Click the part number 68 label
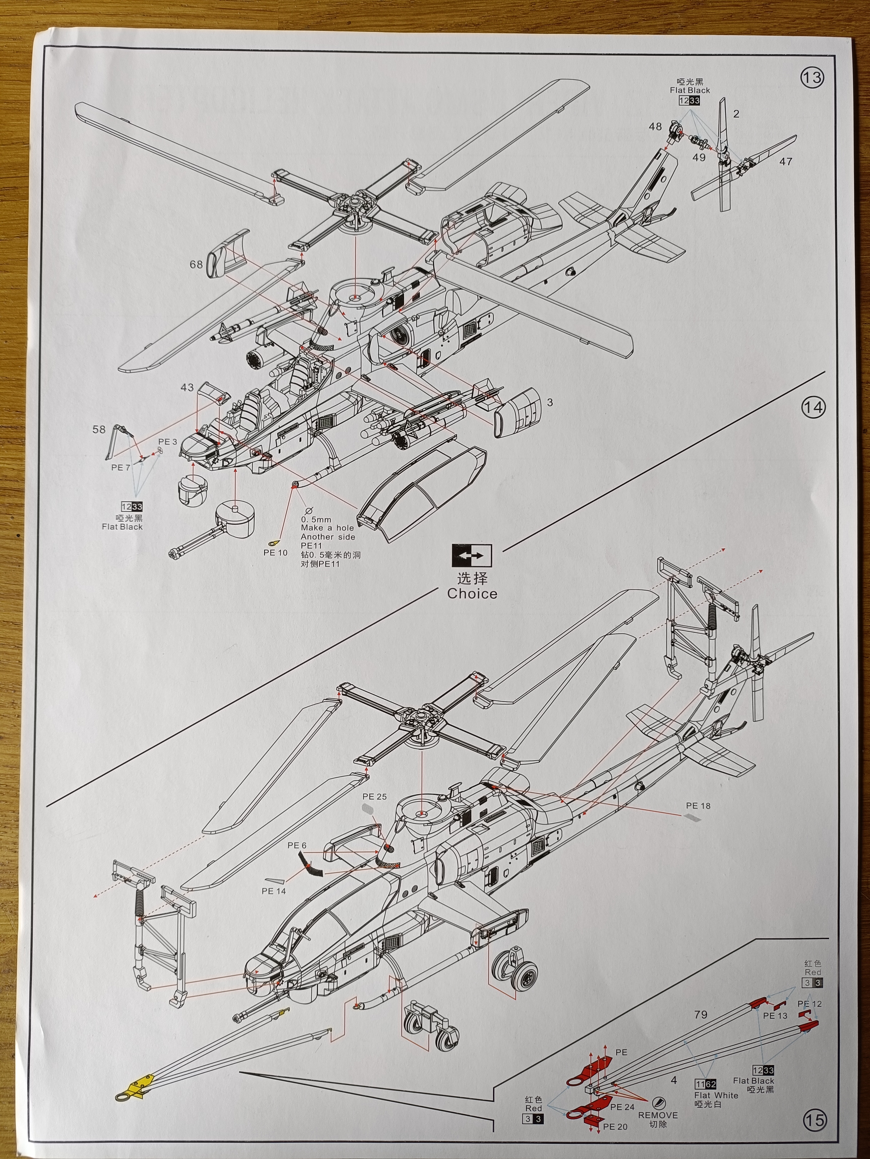[x=196, y=265]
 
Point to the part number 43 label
[x=187, y=388]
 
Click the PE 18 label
[x=698, y=806]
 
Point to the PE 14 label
[x=274, y=891]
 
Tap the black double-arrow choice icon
[x=471, y=555]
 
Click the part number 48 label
[x=655, y=127]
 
